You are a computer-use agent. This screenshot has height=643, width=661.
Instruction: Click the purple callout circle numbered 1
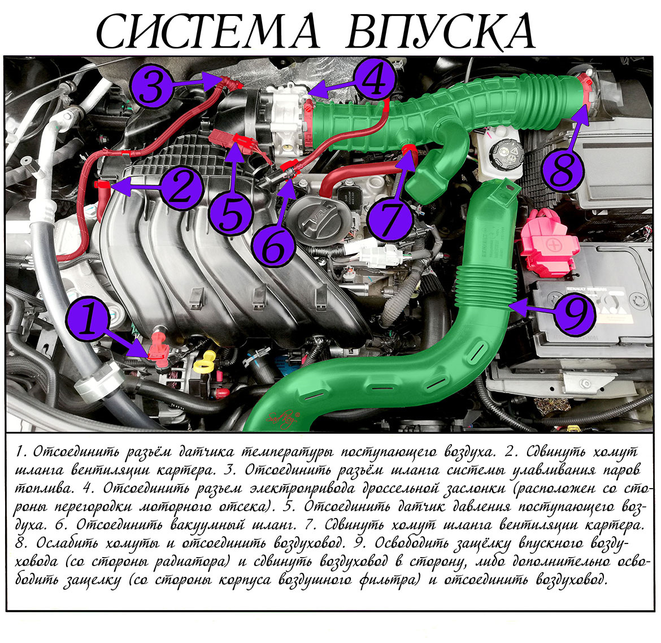[x=89, y=318]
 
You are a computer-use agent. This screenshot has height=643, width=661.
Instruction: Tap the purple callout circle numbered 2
[x=181, y=188]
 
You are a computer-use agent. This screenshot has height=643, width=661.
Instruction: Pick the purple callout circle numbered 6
[x=273, y=246]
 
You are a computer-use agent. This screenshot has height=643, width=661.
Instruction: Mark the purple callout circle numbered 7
[x=389, y=220]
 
